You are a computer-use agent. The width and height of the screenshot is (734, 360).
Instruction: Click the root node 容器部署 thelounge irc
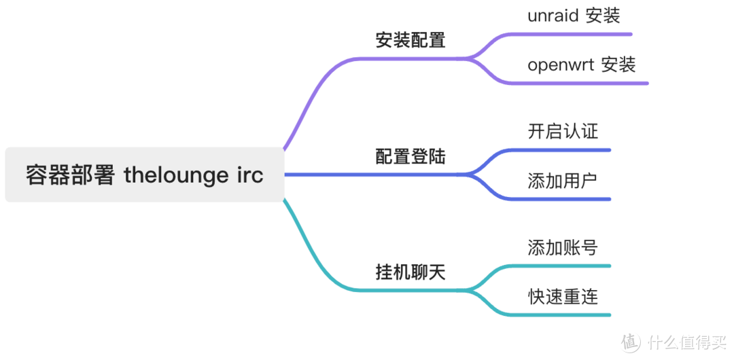[144, 175]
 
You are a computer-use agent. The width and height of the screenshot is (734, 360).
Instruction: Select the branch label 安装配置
[410, 39]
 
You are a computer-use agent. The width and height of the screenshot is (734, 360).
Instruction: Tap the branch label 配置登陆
[410, 156]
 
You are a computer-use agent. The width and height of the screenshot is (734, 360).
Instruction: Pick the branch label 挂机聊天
[410, 272]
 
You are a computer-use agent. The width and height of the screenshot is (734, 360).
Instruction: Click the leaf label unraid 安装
[574, 15]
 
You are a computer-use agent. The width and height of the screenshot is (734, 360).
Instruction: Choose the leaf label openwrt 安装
[581, 65]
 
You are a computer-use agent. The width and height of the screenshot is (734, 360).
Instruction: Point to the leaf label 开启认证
[563, 130]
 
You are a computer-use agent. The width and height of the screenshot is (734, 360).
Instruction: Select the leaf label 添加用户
[563, 181]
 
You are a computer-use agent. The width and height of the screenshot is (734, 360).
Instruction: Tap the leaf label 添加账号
[563, 247]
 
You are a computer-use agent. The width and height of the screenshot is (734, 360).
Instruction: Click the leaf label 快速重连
[563, 296]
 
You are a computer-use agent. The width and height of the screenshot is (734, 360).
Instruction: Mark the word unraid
[552, 16]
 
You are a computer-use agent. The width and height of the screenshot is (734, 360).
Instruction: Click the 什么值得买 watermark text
[686, 341]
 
